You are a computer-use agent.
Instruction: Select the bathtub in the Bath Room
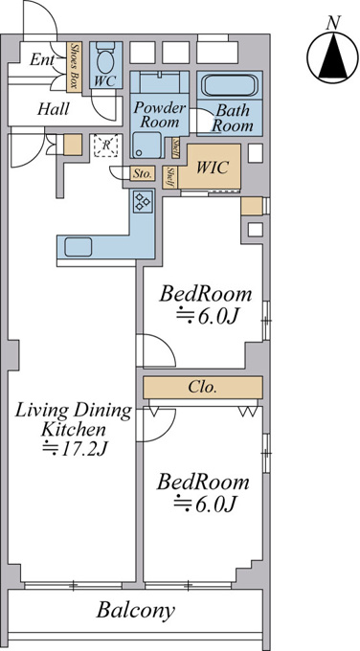(x=229, y=86)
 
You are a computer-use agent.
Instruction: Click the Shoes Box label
(x=75, y=66)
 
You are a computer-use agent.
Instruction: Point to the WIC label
(x=213, y=168)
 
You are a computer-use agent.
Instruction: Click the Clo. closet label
(x=202, y=387)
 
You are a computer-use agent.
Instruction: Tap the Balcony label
(x=136, y=611)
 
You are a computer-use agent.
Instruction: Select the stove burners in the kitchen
(x=144, y=200)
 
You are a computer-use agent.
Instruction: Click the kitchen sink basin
(x=79, y=247)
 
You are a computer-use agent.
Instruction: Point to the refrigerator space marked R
(x=106, y=146)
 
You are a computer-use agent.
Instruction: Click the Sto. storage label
(x=143, y=173)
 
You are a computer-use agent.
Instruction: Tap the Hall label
(x=54, y=109)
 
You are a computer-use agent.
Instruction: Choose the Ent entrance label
(x=41, y=60)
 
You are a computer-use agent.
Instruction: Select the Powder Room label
(x=160, y=115)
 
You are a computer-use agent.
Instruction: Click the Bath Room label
(x=232, y=118)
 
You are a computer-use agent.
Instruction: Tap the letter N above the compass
(x=332, y=23)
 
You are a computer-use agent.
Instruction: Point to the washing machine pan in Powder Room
(x=147, y=145)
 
